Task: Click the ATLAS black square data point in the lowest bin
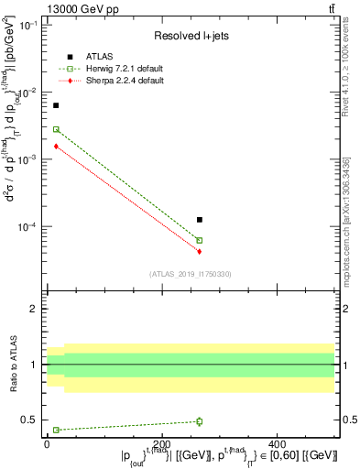(56, 105)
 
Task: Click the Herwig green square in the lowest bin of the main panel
(56, 129)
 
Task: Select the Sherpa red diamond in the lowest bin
(56, 146)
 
